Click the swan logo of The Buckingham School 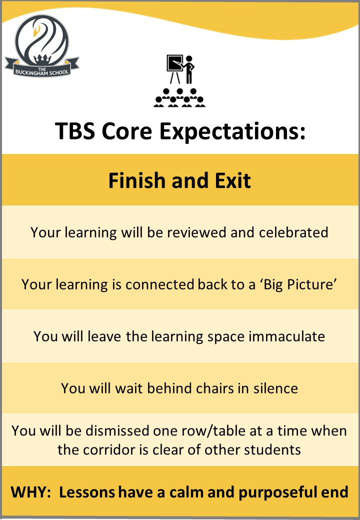(x=42, y=46)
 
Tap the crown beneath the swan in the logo (x=42, y=59)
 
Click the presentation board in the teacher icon (x=174, y=63)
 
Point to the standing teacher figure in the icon (x=189, y=69)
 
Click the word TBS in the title (x=74, y=131)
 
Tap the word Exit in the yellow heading (x=232, y=180)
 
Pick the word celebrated (x=293, y=232)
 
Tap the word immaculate (x=286, y=336)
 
